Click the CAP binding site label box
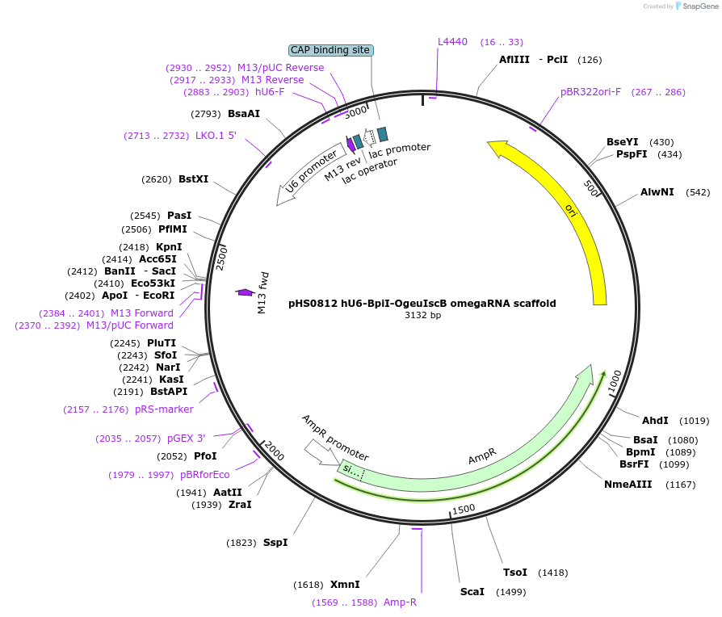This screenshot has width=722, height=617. (330, 50)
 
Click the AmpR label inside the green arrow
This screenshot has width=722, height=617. (482, 457)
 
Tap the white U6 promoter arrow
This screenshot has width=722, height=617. (308, 178)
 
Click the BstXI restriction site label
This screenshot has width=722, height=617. (193, 179)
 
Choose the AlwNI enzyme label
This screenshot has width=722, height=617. (657, 192)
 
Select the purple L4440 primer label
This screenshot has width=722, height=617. (452, 42)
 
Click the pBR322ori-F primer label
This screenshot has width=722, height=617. (591, 92)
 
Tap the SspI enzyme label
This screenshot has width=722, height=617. (275, 543)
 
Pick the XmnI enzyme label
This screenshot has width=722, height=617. (345, 585)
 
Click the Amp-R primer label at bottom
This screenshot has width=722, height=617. (400, 602)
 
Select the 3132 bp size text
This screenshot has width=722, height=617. (422, 316)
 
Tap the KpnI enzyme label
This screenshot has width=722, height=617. (169, 247)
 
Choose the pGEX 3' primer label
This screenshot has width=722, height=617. (187, 439)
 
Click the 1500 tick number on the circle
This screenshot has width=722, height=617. (464, 510)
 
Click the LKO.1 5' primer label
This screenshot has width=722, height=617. (216, 136)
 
